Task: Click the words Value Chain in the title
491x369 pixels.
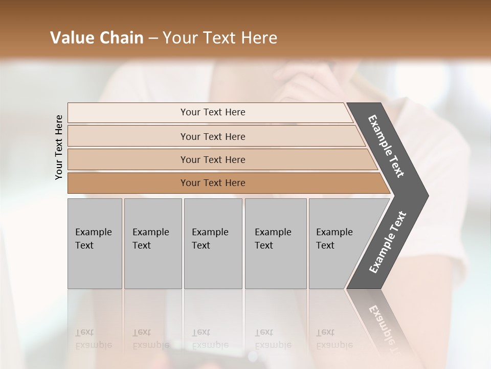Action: point(97,38)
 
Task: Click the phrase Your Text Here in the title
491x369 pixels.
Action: point(220,38)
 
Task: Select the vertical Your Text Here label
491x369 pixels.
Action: point(59,147)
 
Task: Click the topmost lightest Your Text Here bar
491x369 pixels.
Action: point(212,112)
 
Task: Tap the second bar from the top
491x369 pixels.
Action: point(212,136)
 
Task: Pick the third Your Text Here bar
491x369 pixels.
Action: point(212,159)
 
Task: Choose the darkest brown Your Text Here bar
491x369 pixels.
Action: point(212,183)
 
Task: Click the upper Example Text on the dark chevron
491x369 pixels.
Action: point(387,146)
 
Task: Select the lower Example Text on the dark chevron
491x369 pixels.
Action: point(387,242)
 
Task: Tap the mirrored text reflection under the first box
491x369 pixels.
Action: point(93,339)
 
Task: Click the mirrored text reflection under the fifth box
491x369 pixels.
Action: point(334,339)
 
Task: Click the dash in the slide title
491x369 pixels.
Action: point(152,38)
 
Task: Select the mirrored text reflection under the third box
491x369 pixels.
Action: point(210,339)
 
